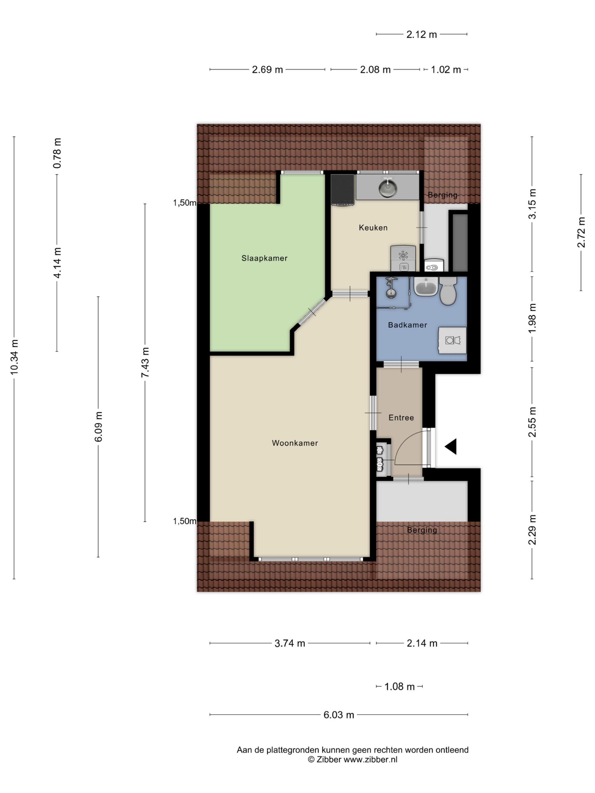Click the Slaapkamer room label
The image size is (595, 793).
click(x=264, y=258)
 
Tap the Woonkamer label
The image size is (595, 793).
click(x=295, y=443)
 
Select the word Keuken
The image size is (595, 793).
click(x=373, y=228)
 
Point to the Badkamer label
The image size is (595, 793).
click(x=407, y=325)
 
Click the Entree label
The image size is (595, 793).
click(x=401, y=418)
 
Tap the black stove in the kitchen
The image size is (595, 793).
click(x=343, y=190)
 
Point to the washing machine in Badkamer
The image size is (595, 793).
click(x=452, y=340)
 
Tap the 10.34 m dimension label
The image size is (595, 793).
click(x=14, y=357)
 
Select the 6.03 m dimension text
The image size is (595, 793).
click(x=339, y=715)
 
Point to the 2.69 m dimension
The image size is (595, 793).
click(x=267, y=70)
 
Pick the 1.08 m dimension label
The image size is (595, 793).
click(x=400, y=687)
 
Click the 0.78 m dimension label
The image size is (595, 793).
click(x=57, y=153)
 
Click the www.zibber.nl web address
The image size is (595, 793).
click(x=370, y=759)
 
